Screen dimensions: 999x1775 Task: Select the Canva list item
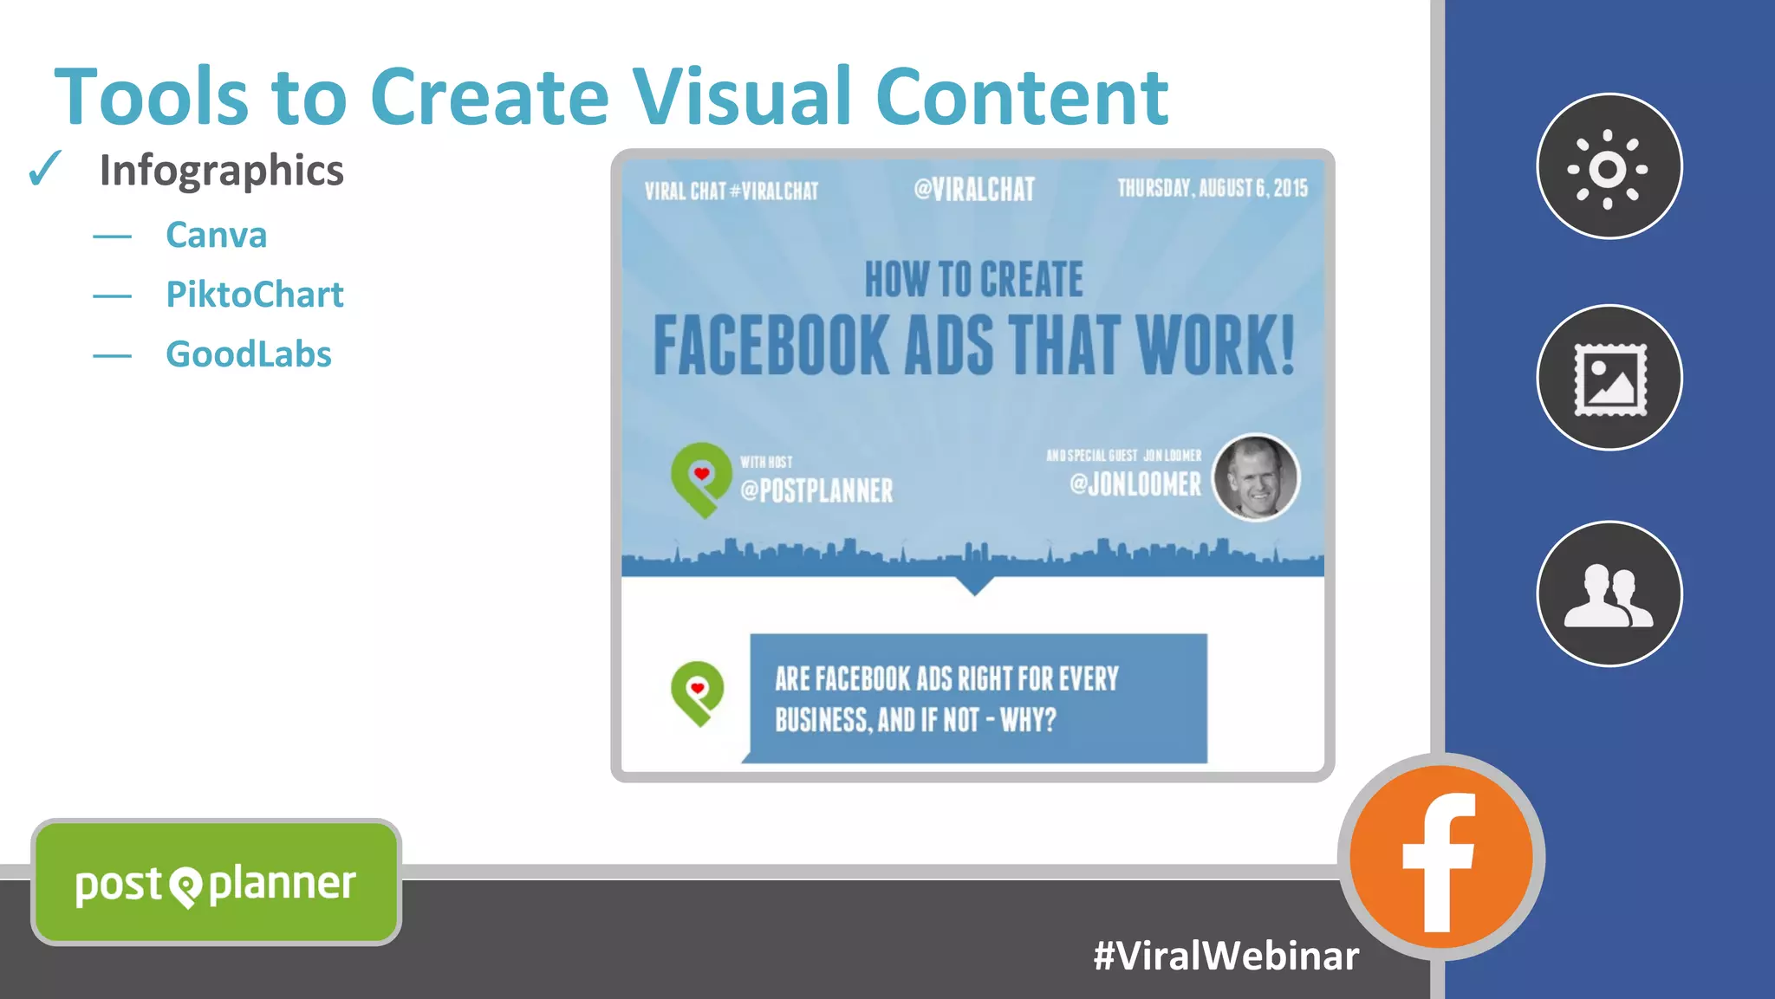[x=216, y=235]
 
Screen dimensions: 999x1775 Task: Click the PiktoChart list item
[x=254, y=295]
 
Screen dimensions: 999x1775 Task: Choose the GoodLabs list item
[x=248, y=354]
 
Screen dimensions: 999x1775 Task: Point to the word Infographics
[x=221, y=170]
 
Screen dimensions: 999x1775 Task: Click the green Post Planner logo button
[x=216, y=883]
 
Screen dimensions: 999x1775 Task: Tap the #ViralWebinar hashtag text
[x=1226, y=956]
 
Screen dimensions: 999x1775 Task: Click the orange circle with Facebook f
[x=1440, y=858]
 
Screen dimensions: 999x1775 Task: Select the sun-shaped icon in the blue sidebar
[x=1609, y=166]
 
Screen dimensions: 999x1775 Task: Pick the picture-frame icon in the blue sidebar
[x=1609, y=378]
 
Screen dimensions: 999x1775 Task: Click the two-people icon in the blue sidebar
[x=1609, y=594]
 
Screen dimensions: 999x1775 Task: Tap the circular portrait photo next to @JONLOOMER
[x=1255, y=477]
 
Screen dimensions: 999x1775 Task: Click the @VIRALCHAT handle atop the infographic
[x=974, y=189]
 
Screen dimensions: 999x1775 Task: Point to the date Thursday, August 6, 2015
[x=1212, y=188]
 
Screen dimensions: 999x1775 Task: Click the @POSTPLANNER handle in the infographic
[x=816, y=490]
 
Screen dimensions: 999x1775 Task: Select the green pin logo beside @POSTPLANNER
[x=700, y=479]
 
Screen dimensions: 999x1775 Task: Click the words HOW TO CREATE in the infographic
[x=973, y=280]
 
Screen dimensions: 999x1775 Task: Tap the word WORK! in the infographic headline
[x=1215, y=345]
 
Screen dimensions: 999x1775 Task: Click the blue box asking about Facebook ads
[x=978, y=698]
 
